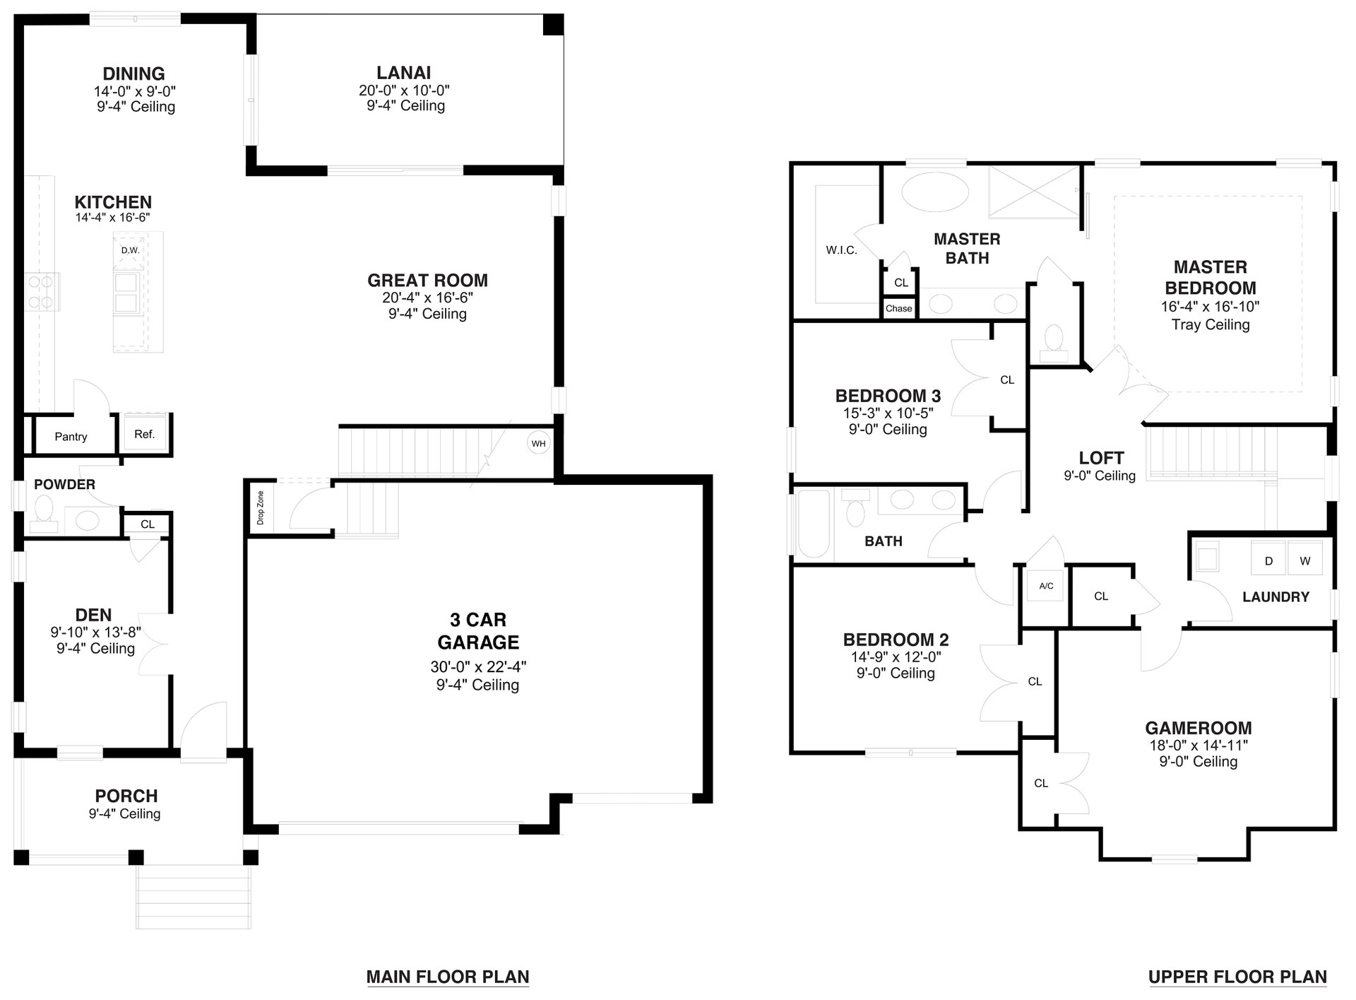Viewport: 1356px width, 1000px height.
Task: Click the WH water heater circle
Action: [539, 444]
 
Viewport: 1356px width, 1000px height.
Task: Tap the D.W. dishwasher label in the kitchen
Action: [130, 250]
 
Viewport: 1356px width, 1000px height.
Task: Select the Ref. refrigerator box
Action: [145, 434]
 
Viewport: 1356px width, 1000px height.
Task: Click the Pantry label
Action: [71, 437]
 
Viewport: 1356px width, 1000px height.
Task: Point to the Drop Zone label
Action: [260, 507]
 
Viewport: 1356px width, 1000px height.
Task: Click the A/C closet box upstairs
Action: [1046, 586]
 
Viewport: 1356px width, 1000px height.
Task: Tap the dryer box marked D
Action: [1268, 561]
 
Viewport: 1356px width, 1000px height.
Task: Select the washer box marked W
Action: [1304, 561]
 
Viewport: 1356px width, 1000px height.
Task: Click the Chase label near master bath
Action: [898, 308]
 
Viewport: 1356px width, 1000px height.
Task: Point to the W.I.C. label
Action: [841, 250]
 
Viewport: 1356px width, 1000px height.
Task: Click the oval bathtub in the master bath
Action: [935, 191]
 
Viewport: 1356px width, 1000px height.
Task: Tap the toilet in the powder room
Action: [44, 512]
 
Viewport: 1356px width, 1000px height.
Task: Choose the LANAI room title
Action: [403, 73]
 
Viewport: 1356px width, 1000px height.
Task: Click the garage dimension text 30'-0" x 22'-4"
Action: [478, 666]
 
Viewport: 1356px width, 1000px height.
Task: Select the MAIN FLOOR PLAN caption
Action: [448, 977]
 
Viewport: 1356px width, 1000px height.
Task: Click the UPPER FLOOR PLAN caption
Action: [1237, 977]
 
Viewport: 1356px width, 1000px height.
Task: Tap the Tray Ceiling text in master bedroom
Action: [1210, 324]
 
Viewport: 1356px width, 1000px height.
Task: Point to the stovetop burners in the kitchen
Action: [41, 292]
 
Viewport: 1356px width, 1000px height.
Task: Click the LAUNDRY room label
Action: [1275, 596]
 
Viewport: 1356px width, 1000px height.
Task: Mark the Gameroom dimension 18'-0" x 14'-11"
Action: [1198, 745]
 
